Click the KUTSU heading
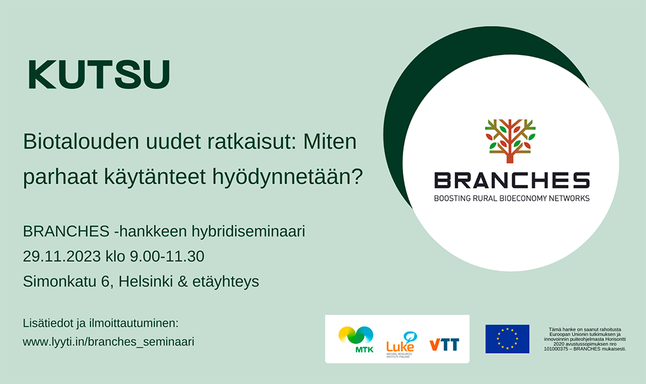(x=99, y=74)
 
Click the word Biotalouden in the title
(x=81, y=142)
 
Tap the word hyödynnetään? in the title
(x=287, y=177)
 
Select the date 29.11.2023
(x=62, y=257)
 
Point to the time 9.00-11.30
(x=167, y=257)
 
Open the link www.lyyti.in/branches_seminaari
(x=109, y=342)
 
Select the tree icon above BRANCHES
(x=510, y=141)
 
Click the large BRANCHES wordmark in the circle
(x=512, y=180)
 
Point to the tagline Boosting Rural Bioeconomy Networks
(x=512, y=198)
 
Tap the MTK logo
(x=357, y=339)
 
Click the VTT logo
(x=444, y=345)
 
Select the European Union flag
(x=507, y=339)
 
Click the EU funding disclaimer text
(x=585, y=339)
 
